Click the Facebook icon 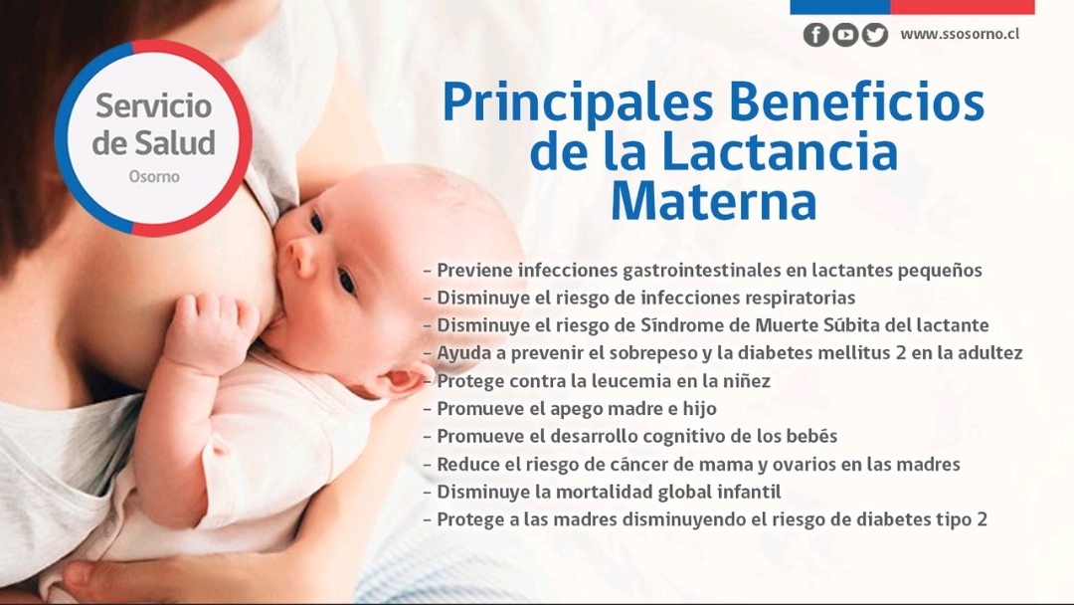click(815, 34)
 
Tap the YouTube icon click(845, 34)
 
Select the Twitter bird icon click(875, 34)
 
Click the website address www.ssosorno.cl click(960, 34)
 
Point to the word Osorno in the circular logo click(154, 177)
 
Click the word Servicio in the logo click(153, 105)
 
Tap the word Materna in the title click(714, 201)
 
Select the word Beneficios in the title click(856, 101)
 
